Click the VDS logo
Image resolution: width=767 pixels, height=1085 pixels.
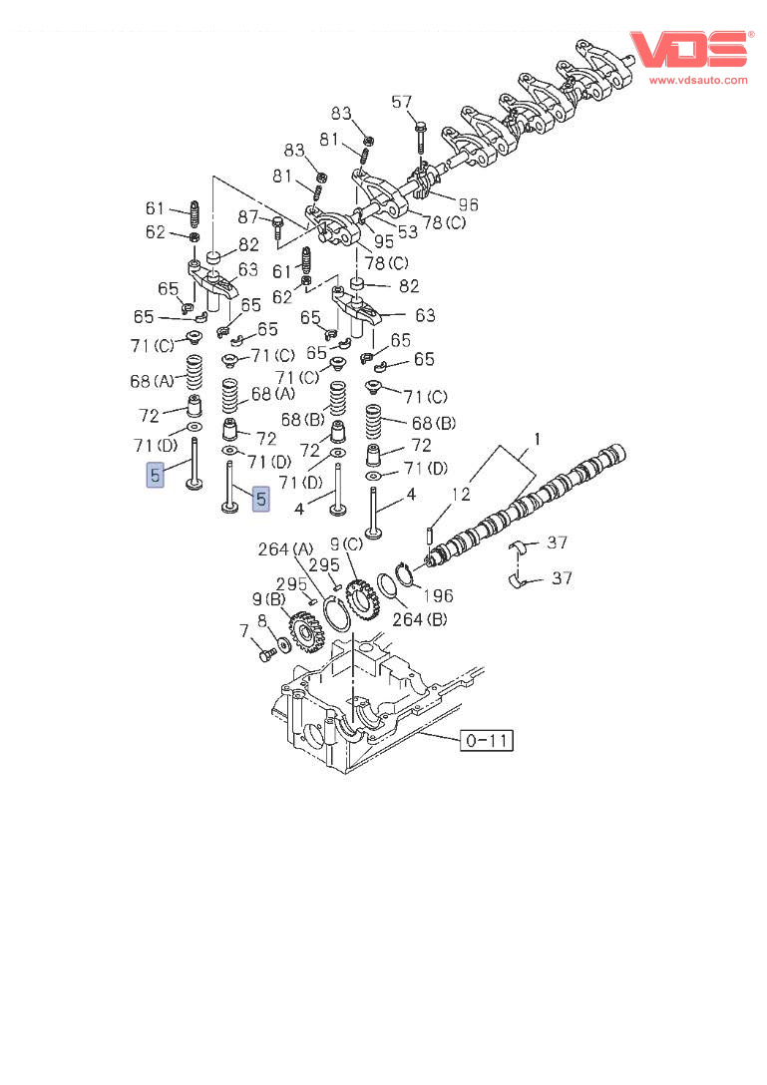(x=690, y=50)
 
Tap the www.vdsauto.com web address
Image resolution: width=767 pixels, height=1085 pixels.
(x=698, y=80)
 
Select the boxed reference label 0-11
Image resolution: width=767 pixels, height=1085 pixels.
(x=487, y=740)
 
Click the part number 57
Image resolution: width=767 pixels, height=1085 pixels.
(x=402, y=103)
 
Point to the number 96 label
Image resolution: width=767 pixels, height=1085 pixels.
(x=468, y=204)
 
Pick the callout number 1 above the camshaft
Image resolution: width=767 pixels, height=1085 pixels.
(x=537, y=438)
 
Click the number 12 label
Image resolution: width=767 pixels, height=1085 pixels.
(x=461, y=494)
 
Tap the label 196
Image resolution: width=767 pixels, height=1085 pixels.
(x=438, y=595)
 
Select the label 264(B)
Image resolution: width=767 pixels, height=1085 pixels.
(x=420, y=618)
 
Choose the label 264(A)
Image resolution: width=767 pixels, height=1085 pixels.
(x=285, y=549)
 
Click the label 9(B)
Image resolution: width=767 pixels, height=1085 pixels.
(x=269, y=599)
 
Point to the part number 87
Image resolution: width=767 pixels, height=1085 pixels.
(x=247, y=217)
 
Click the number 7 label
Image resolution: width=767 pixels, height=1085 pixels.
(x=243, y=631)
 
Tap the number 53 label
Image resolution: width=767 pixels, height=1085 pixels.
(x=408, y=231)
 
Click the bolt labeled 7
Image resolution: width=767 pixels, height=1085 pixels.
(x=267, y=653)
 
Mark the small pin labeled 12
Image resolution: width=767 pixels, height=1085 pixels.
(x=430, y=537)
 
